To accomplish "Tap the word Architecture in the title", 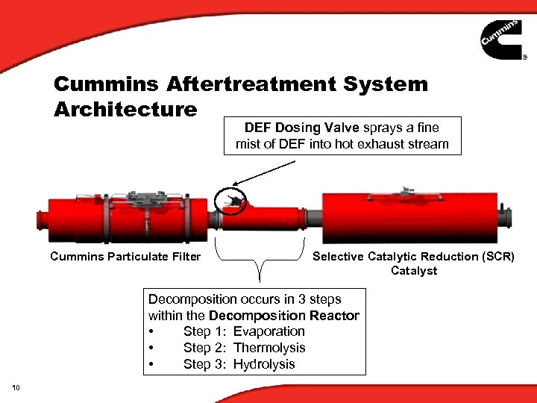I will [x=125, y=110].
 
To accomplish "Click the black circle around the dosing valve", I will [x=231, y=200].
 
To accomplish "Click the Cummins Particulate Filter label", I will [x=125, y=257].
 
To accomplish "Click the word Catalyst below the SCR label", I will [x=414, y=271].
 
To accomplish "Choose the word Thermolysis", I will [x=269, y=348].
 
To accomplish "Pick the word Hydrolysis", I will [x=264, y=364].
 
